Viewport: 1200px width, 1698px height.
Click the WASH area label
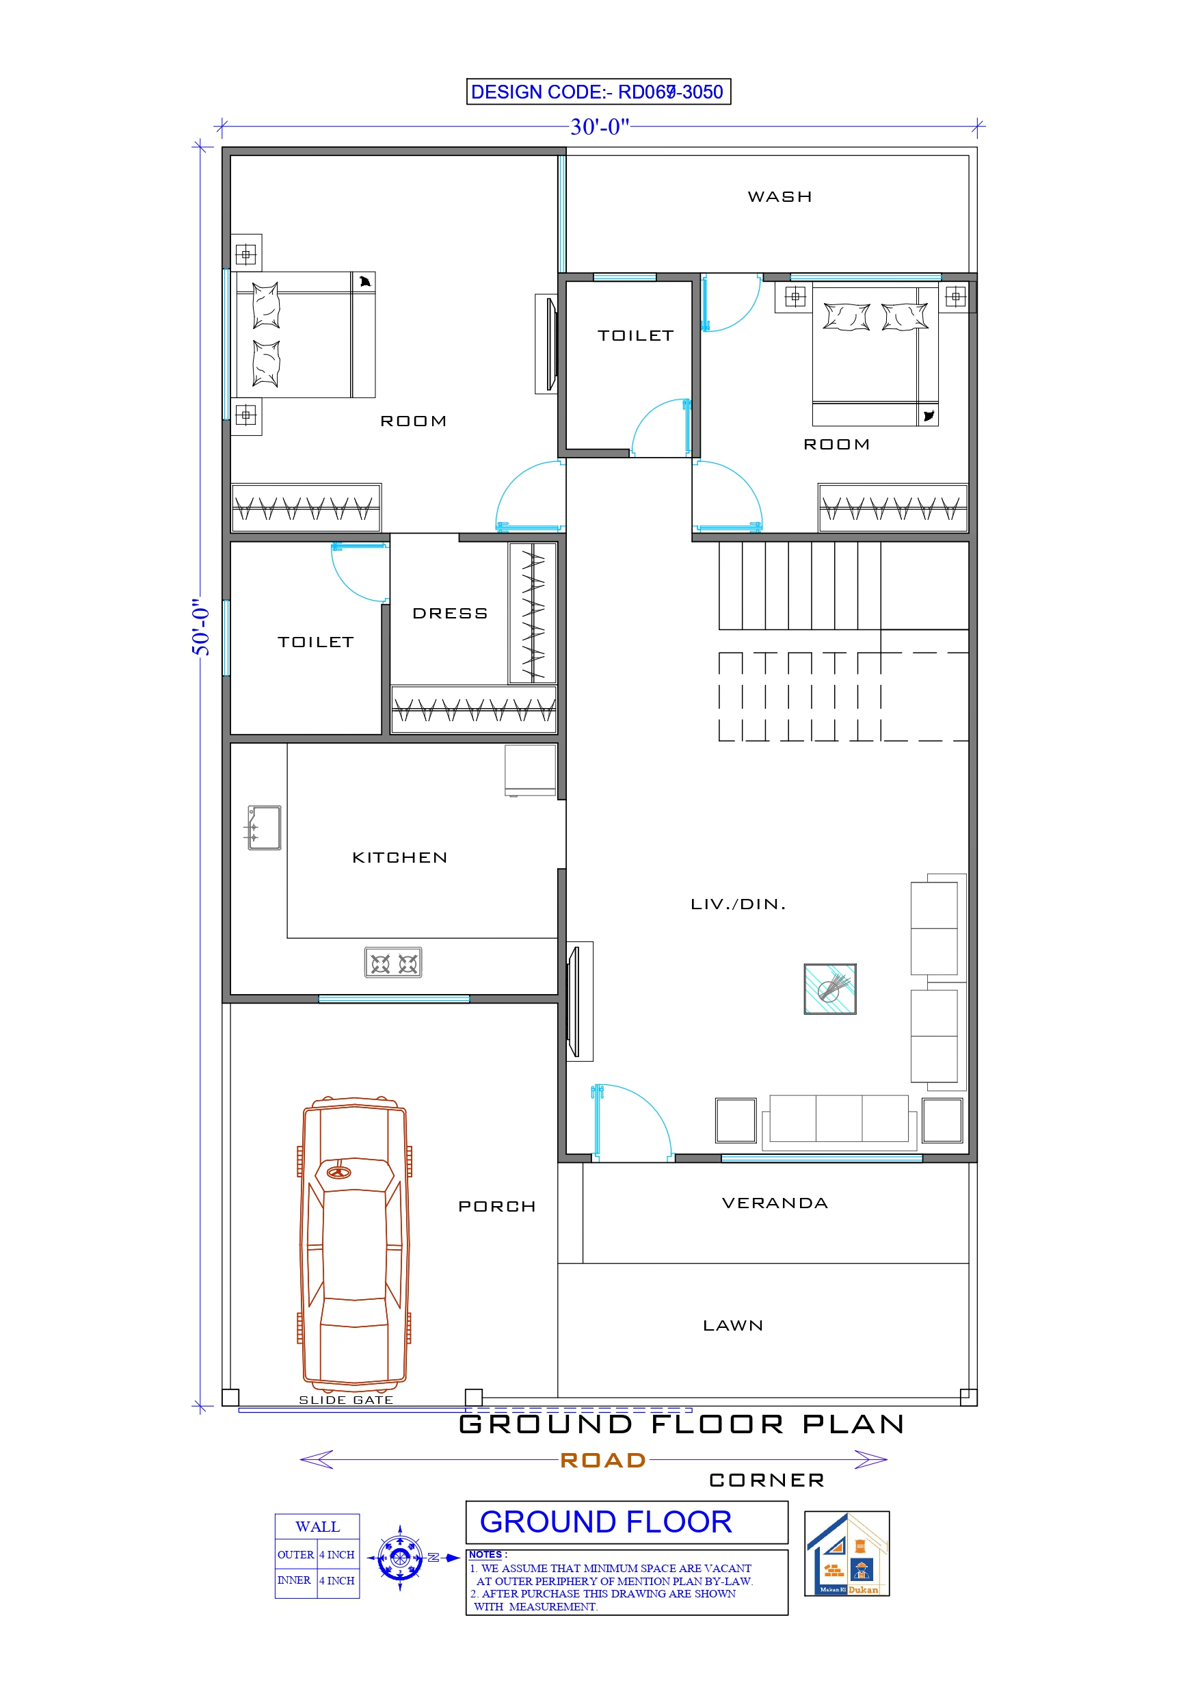779,197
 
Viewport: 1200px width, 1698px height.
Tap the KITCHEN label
399,857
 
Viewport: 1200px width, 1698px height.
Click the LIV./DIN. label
737,904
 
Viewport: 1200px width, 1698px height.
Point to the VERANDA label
774,1203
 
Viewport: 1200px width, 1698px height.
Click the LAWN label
733,1325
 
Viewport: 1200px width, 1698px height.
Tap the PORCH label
496,1206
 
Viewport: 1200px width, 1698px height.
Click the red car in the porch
355,1242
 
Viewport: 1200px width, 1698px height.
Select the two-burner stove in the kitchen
392,963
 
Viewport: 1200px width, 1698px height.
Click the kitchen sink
264,828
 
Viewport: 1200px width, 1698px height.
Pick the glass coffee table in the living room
829,988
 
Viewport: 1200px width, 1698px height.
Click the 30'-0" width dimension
599,127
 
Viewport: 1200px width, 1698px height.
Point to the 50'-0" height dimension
201,627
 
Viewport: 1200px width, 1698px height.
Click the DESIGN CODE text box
598,92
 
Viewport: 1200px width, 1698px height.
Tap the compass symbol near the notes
400,1558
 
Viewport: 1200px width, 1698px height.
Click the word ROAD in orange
602,1460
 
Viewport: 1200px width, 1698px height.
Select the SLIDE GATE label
345,1400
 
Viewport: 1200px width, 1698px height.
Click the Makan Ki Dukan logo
846,1554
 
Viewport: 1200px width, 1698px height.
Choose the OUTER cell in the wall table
295,1554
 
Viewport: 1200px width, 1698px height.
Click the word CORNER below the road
766,1480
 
